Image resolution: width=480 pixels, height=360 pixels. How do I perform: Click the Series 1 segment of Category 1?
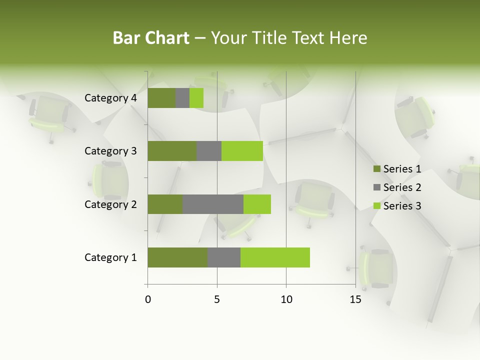tap(177, 257)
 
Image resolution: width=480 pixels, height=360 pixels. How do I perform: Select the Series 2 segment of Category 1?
tap(224, 257)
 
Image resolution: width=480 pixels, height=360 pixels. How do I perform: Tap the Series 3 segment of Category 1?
tap(275, 257)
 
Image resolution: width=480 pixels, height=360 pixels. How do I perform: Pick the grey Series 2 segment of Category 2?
tap(213, 204)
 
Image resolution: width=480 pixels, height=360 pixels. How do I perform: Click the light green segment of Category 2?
tap(257, 204)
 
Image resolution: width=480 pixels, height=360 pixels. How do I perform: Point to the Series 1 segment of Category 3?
tap(172, 151)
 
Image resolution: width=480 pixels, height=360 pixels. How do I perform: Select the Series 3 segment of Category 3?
tap(242, 151)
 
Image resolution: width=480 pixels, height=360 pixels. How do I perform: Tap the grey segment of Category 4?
tap(182, 98)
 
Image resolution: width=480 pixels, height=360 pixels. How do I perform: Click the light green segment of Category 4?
tap(196, 98)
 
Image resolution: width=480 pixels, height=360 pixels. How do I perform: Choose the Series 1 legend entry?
tap(397, 169)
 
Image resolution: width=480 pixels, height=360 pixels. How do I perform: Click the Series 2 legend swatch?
tap(376, 187)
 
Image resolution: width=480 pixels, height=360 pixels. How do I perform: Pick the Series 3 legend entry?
tap(397, 206)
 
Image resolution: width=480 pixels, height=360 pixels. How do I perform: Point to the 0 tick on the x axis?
tap(148, 299)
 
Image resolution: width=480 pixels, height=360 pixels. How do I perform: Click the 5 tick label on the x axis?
tap(217, 299)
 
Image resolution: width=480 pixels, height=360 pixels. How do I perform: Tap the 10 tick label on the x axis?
tap(286, 299)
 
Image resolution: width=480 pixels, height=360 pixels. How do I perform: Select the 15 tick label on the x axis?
tap(355, 299)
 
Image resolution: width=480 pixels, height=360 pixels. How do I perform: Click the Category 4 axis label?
tap(110, 98)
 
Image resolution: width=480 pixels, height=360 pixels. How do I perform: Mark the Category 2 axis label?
tap(110, 204)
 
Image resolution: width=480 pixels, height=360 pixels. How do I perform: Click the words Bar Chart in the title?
tap(151, 38)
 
